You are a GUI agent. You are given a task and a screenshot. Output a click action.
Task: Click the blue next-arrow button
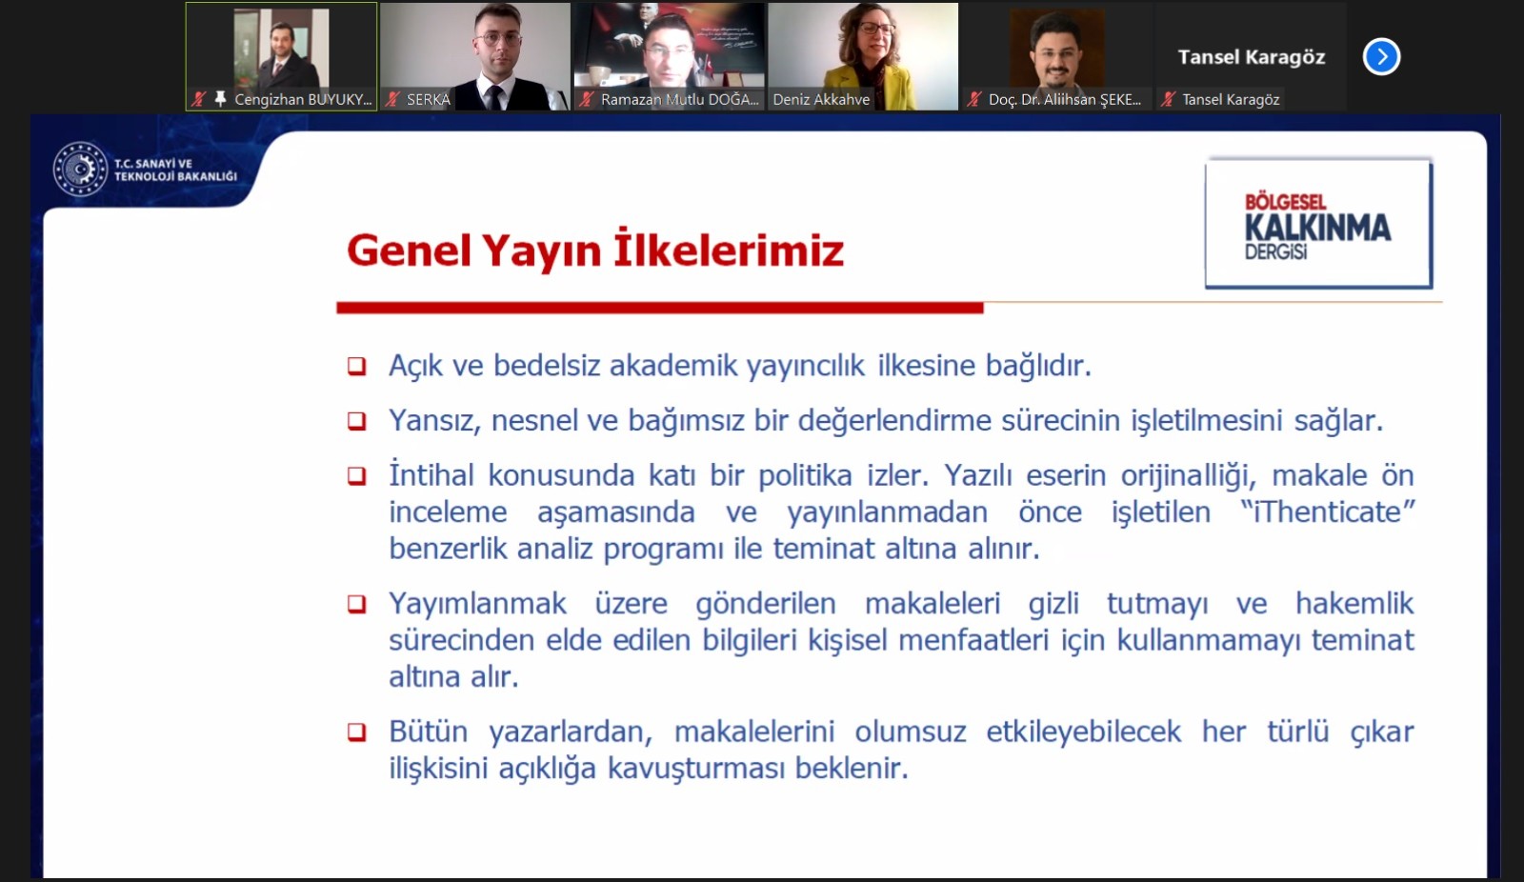[x=1381, y=56]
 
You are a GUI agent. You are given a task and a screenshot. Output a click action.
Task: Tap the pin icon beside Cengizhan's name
[x=220, y=99]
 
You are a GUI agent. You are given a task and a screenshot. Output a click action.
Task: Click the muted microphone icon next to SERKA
[x=391, y=99]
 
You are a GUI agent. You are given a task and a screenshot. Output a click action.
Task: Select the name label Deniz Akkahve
[x=821, y=99]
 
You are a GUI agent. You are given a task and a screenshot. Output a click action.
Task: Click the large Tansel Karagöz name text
[x=1252, y=57]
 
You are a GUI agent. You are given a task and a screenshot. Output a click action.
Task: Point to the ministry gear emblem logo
[x=80, y=169]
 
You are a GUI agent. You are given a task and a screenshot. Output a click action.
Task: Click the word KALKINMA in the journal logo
[x=1318, y=228]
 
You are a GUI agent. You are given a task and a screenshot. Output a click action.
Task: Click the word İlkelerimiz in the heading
[x=729, y=250]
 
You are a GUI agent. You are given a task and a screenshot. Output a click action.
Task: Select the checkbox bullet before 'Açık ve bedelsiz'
[x=357, y=366]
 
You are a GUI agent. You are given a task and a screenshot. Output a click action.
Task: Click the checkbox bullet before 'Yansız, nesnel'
[x=357, y=421]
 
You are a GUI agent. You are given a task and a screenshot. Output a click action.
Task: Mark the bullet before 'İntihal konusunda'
[x=357, y=475]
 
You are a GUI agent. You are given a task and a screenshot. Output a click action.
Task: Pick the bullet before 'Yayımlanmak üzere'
[x=357, y=604]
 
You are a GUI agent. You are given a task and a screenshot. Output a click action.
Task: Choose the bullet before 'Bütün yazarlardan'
[x=357, y=732]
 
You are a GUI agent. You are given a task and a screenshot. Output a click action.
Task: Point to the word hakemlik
[x=1354, y=604]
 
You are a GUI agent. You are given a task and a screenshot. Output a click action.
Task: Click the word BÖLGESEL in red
[x=1285, y=202]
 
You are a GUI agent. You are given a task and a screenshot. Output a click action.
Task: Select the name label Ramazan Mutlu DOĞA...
[x=679, y=99]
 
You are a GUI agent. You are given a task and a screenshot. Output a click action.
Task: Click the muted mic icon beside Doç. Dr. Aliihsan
[x=973, y=99]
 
